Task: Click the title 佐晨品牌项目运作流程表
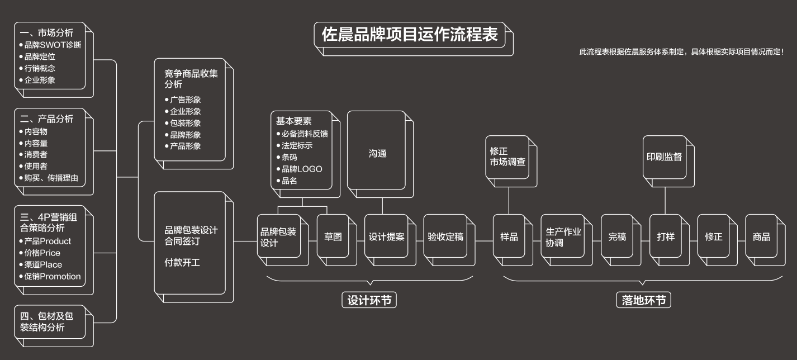pos(410,35)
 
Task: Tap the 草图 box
pos(333,236)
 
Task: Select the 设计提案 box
pos(386,236)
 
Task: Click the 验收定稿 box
pos(445,236)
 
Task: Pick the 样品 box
pos(509,236)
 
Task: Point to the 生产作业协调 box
pos(563,237)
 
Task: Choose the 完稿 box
pos(617,236)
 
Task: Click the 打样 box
pos(665,236)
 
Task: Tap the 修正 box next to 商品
pos(714,236)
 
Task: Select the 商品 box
pos(761,236)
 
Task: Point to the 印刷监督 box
pos(664,157)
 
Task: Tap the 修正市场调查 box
pos(507,157)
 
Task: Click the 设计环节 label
pos(369,300)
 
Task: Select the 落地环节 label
pos(644,300)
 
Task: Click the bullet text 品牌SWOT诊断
pos(53,45)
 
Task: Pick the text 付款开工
pos(182,262)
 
